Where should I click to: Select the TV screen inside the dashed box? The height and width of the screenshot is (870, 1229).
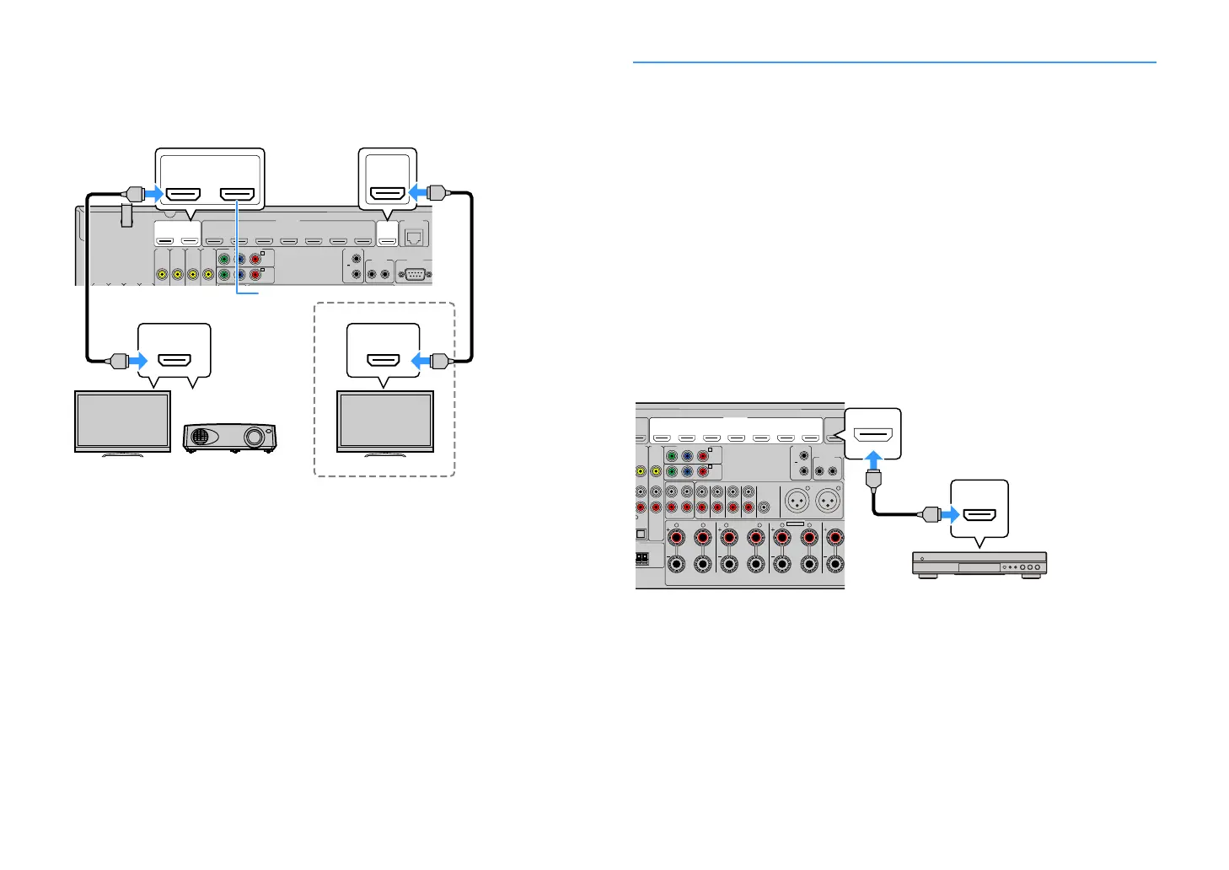[385, 421]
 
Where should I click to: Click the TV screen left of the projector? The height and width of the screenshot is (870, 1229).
[123, 421]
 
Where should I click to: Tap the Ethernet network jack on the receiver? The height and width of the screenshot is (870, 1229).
[414, 237]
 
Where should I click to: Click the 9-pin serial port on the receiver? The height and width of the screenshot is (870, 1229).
[414, 274]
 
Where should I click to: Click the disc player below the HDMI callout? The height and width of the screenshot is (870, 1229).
[979, 565]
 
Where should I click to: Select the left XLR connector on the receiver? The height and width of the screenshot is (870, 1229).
[797, 501]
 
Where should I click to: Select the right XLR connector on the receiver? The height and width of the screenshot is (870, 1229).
[827, 501]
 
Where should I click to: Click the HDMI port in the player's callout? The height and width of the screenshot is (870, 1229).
[979, 514]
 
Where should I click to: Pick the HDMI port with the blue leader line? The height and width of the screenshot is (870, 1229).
[237, 195]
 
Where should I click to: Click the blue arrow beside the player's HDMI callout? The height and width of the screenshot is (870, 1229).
[950, 514]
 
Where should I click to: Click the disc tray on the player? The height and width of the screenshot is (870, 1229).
[979, 567]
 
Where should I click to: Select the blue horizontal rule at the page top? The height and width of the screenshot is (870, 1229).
[894, 62]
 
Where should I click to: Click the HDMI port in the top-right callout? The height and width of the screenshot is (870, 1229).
[388, 193]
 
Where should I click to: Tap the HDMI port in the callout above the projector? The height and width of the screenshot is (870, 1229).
[174, 361]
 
